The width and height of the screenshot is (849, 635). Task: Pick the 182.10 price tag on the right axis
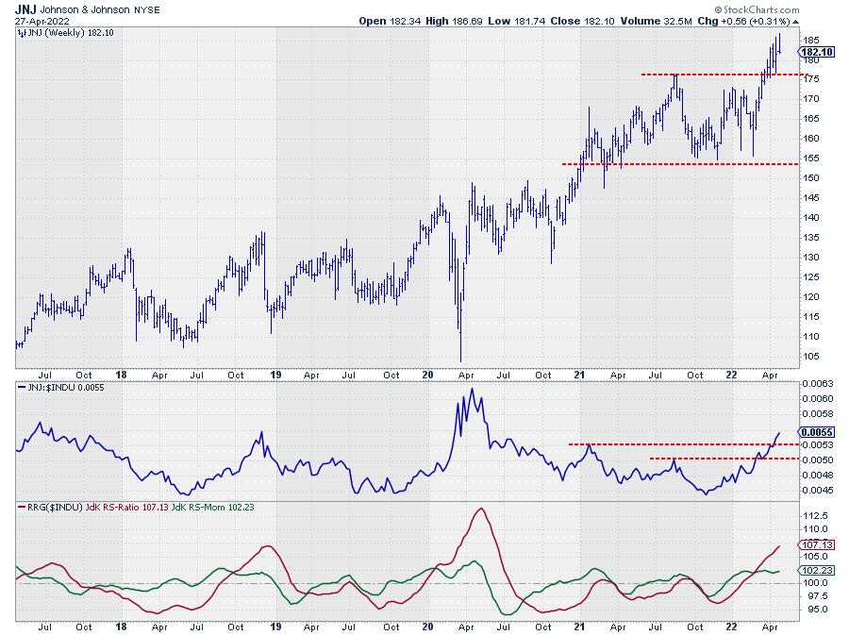816,53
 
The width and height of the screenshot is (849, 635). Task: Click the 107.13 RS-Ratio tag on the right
814,545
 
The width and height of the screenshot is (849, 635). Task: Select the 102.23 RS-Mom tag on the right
814,570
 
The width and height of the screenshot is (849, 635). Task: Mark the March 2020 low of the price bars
460,360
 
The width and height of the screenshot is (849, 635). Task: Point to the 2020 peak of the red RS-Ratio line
482,510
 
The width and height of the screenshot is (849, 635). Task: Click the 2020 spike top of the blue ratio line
472,389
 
